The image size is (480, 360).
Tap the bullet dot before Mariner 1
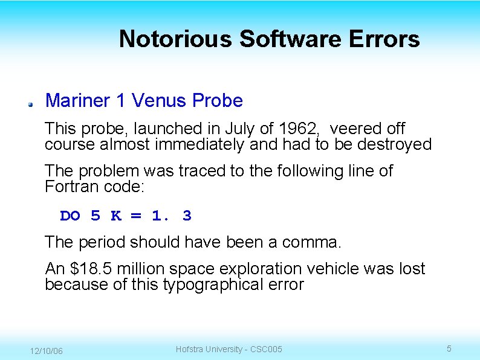pos(29,104)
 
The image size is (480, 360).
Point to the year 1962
pos(295,129)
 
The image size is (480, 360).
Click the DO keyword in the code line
pos(70,216)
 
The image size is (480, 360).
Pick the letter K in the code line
pos(116,216)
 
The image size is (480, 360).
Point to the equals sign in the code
pos(136,216)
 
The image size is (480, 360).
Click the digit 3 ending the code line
pos(187,216)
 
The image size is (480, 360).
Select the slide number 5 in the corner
pos(449,349)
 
